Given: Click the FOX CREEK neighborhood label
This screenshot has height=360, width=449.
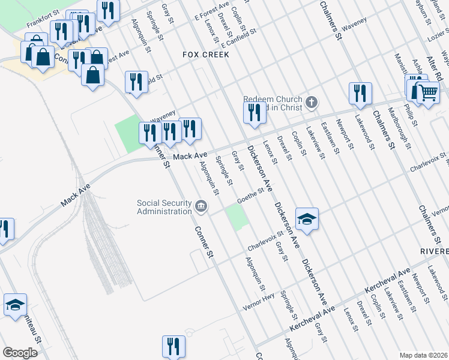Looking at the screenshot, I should pyautogui.click(x=206, y=55).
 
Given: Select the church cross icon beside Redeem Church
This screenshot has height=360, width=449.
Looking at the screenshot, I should pyautogui.click(x=311, y=102).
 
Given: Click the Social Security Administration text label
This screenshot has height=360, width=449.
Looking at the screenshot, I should pyautogui.click(x=164, y=207).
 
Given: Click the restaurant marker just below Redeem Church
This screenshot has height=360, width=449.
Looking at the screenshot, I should pyautogui.click(x=255, y=112).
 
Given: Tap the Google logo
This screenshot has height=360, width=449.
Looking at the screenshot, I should pyautogui.click(x=20, y=353).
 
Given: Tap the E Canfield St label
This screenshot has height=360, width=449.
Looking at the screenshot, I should pyautogui.click(x=238, y=37).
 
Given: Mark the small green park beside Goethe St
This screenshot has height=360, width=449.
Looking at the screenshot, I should pyautogui.click(x=238, y=217).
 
